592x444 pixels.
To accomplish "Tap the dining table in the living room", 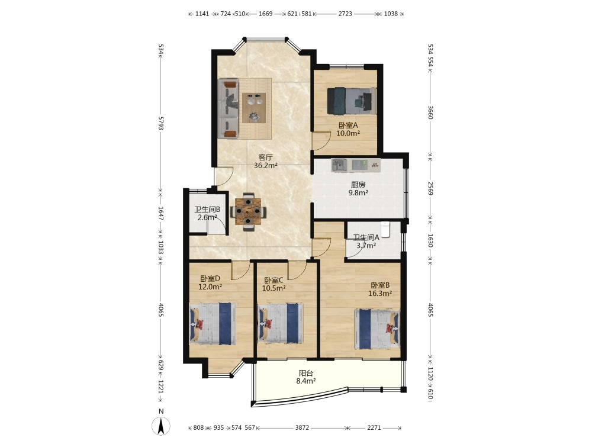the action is point(248,212).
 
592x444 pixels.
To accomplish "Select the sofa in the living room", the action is point(229,109).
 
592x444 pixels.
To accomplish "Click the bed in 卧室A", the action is point(352,101).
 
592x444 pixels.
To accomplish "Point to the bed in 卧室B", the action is point(377,329).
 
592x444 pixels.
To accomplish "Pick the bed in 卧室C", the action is point(280,323).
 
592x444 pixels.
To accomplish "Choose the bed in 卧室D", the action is point(213,324).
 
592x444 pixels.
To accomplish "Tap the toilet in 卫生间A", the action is point(385,229).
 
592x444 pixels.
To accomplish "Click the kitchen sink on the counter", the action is point(340,165).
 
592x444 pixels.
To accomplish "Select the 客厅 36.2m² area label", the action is point(266,161).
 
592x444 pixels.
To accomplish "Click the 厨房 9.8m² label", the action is point(358,189).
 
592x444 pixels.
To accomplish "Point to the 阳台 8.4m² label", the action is point(306,377).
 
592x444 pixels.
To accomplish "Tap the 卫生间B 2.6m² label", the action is point(207,213).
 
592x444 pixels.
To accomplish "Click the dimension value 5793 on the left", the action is point(161,123).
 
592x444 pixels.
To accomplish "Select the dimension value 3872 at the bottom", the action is point(302,428).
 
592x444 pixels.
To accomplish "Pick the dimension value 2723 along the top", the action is point(345,14).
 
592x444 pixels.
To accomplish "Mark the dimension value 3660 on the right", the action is point(430,111).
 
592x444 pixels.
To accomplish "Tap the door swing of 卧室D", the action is point(240,271).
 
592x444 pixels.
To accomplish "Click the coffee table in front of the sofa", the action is point(254,108).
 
